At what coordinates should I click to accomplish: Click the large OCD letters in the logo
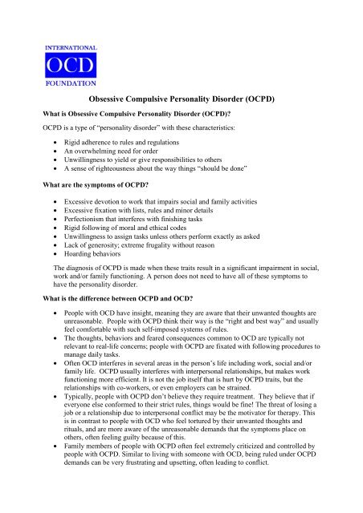coord(71,65)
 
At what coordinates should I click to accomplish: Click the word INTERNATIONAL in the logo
coord(71,49)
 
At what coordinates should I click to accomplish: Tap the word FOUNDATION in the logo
coord(71,82)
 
